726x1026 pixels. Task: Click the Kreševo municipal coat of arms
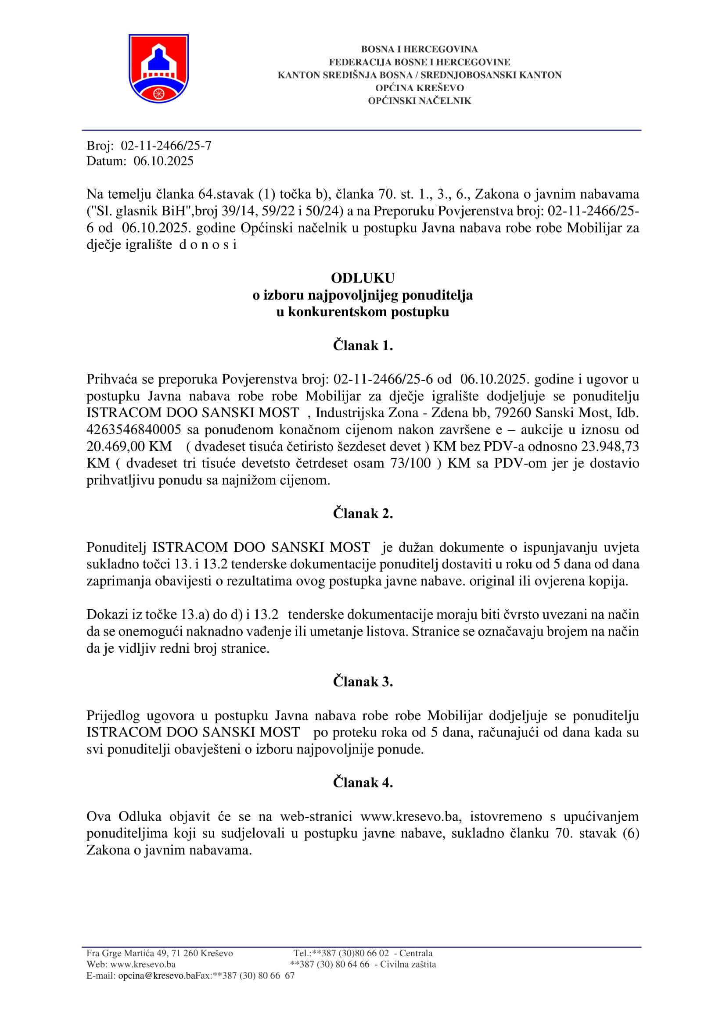tap(158, 68)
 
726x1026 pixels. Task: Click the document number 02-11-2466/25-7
tap(166, 146)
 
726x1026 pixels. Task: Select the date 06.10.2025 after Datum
tap(164, 161)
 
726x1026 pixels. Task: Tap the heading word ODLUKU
tap(363, 278)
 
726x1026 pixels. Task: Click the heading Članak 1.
tap(363, 345)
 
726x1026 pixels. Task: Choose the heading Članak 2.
tap(363, 514)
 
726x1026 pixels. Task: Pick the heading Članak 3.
tap(363, 682)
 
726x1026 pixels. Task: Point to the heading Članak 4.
tap(363, 783)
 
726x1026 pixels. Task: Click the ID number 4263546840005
tap(134, 429)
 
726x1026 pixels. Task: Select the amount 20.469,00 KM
tap(129, 447)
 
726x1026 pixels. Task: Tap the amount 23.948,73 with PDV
tap(610, 447)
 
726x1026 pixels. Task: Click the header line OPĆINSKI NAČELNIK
tap(419, 101)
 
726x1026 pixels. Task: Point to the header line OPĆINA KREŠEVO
tap(419, 88)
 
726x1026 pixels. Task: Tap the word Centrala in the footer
tap(416, 953)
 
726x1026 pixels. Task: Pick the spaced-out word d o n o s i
tap(208, 245)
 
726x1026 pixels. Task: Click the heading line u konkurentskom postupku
tap(363, 312)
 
